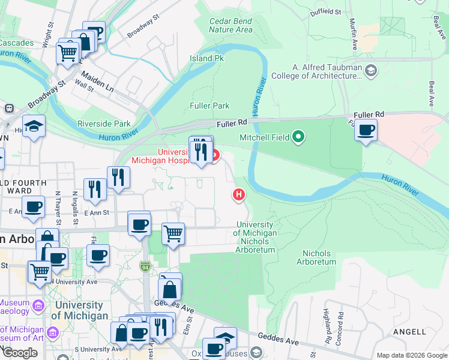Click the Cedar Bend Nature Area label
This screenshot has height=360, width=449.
[x=231, y=25]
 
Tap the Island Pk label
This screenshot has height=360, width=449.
[x=206, y=59]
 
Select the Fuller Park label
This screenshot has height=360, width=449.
[x=209, y=106]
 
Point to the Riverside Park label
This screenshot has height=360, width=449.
[x=104, y=124]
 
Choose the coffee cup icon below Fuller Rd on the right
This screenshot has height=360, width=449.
[x=366, y=130]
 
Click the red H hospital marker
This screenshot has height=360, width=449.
[x=239, y=195]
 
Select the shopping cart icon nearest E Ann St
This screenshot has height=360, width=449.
[x=173, y=233]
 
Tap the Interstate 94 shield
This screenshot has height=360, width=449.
[x=145, y=266]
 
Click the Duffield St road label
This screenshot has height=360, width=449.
[x=326, y=12]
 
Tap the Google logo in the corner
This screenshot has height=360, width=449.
[x=20, y=352]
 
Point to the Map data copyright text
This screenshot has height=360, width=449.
[x=411, y=355]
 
